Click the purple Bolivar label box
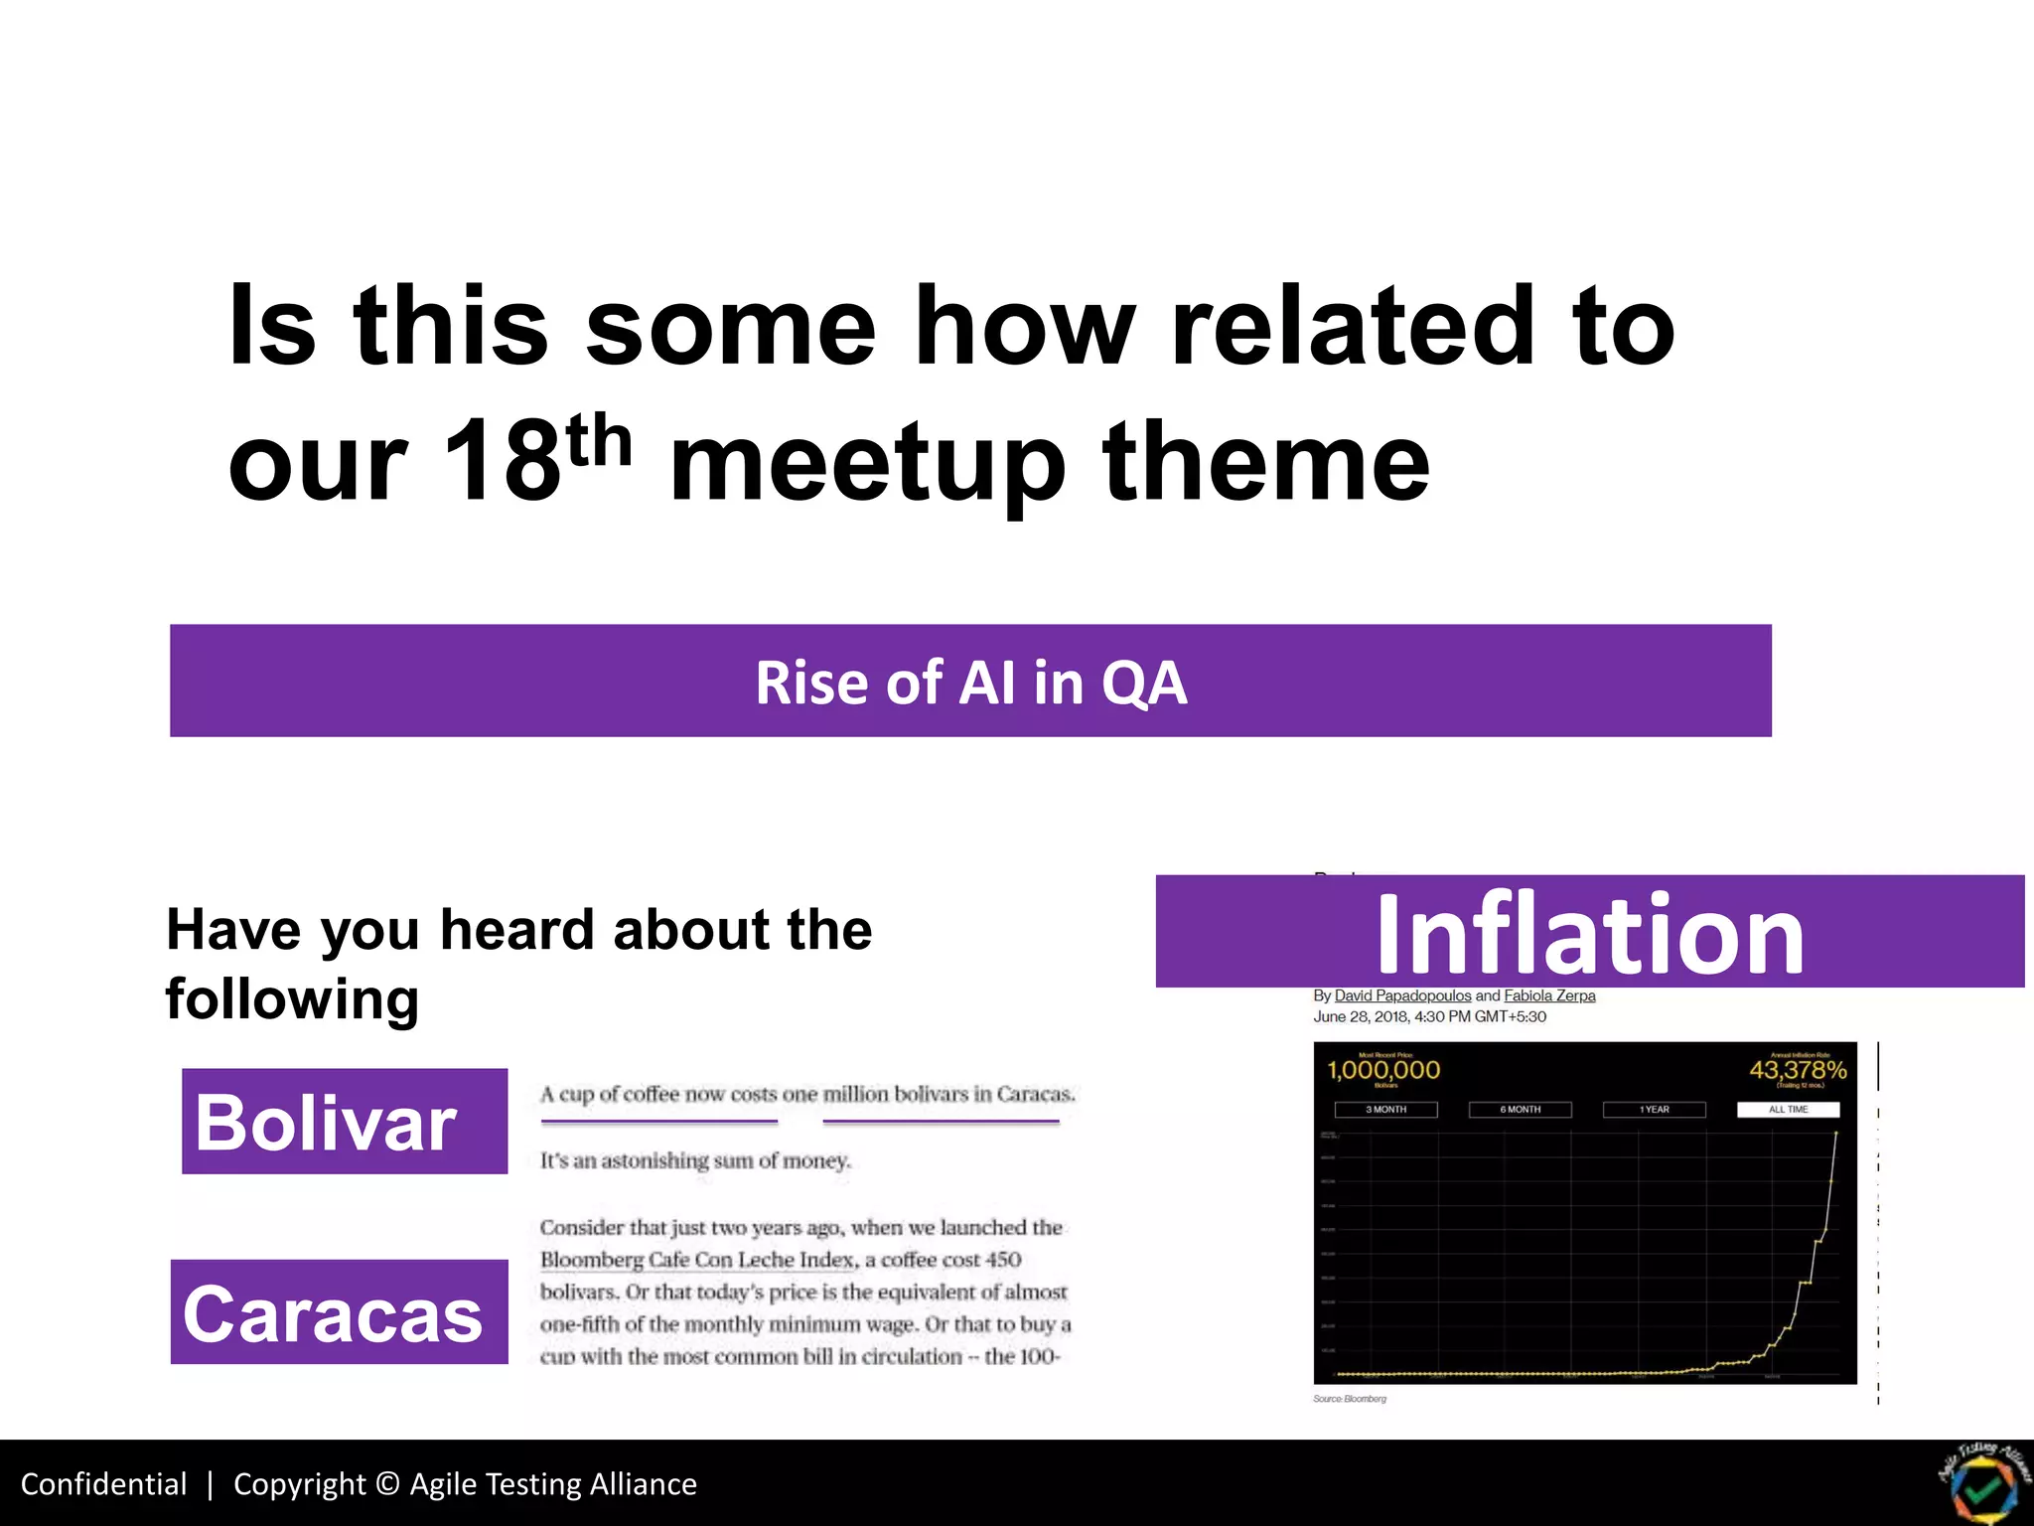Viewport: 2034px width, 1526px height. [x=344, y=1122]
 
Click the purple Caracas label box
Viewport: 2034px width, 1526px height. [x=339, y=1312]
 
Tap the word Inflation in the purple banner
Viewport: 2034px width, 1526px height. [x=1589, y=934]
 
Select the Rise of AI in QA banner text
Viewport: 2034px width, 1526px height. [x=970, y=683]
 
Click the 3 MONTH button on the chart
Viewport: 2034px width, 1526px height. [x=1385, y=1110]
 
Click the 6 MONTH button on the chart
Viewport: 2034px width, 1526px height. [x=1520, y=1110]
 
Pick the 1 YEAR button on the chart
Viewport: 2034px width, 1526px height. [x=1654, y=1110]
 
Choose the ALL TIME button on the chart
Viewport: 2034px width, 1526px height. [x=1788, y=1110]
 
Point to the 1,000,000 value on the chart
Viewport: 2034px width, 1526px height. [x=1383, y=1070]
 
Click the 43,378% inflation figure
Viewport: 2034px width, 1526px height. [x=1798, y=1070]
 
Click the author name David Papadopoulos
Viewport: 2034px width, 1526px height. [x=1402, y=995]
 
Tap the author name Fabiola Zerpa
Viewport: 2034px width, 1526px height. [x=1549, y=995]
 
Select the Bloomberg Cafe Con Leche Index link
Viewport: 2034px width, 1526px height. [x=697, y=1260]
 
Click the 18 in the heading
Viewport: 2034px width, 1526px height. [x=502, y=462]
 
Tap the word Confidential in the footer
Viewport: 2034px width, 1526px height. [x=103, y=1484]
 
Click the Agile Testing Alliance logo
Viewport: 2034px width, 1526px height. [x=1983, y=1482]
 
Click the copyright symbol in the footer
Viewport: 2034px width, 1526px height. [x=388, y=1484]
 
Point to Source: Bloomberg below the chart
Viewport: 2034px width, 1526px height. [x=1349, y=1399]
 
